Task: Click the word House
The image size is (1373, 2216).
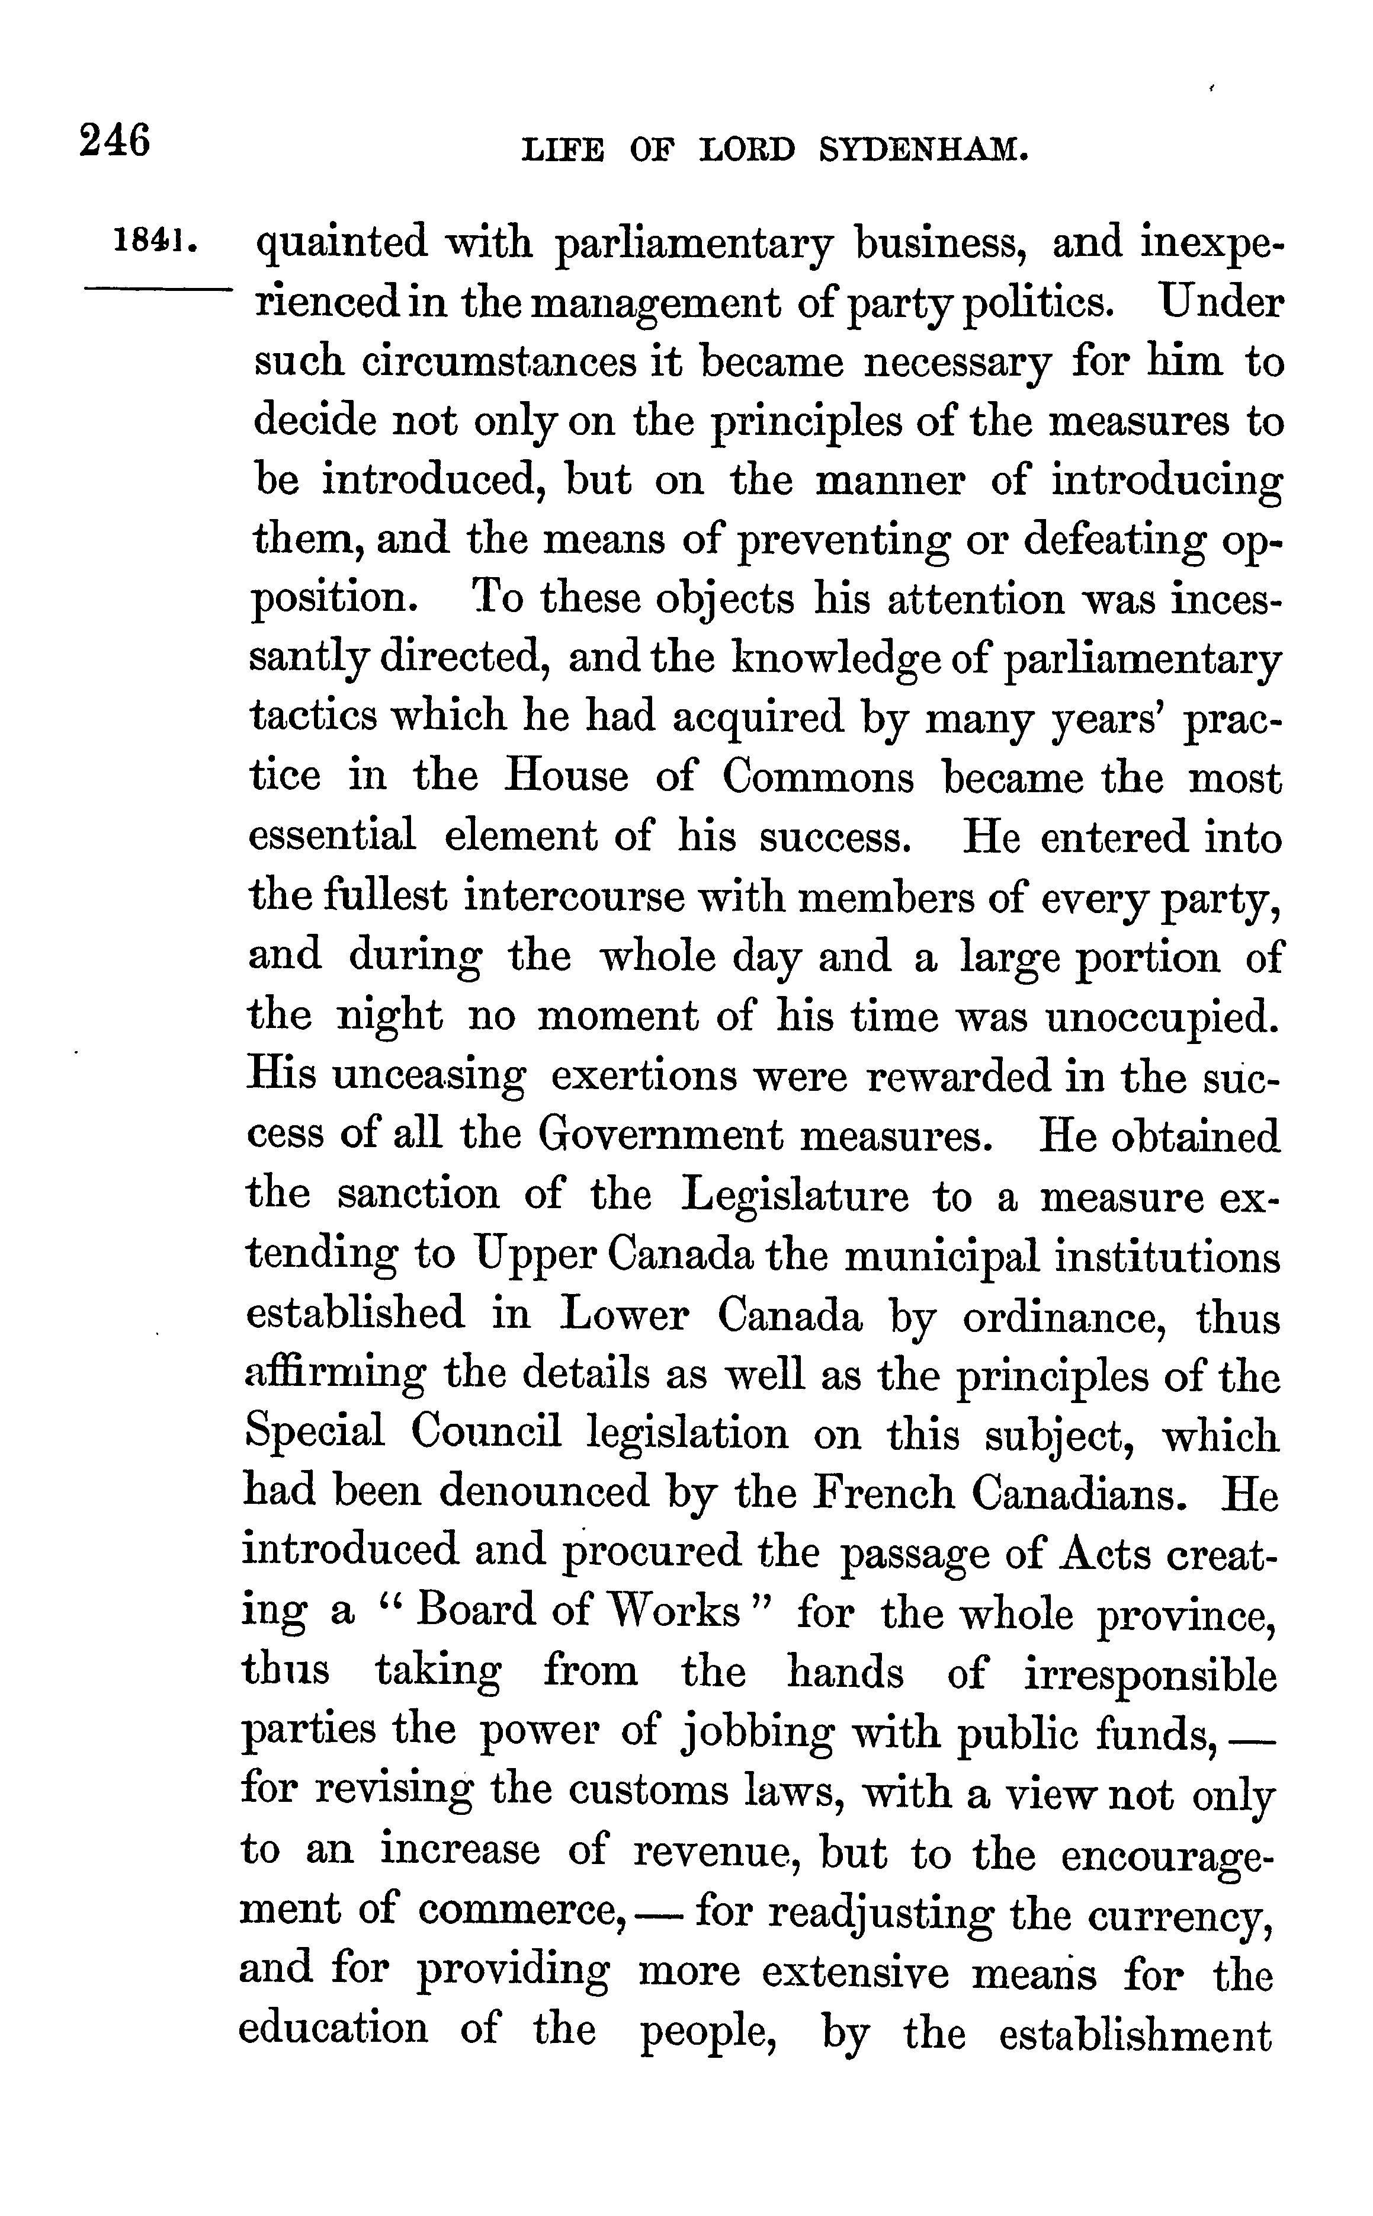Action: pos(566,777)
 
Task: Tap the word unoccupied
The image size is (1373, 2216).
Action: pos(1160,1016)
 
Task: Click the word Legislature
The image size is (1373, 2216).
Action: pos(794,1195)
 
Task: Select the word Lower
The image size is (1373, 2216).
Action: pos(623,1315)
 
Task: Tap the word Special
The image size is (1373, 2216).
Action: pos(314,1433)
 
